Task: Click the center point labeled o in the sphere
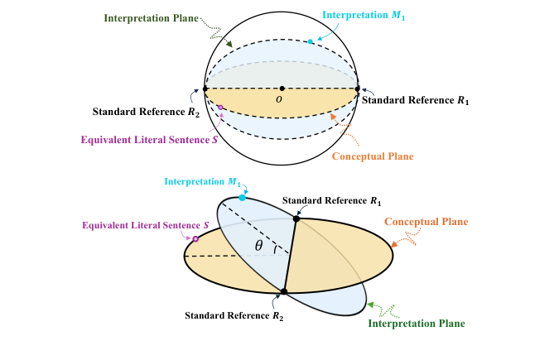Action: pyautogui.click(x=282, y=89)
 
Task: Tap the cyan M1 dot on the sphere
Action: pyautogui.click(x=311, y=41)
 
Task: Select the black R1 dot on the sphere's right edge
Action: pyautogui.click(x=358, y=89)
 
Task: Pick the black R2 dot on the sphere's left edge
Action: pyautogui.click(x=205, y=89)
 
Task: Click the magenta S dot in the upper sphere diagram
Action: pyautogui.click(x=220, y=108)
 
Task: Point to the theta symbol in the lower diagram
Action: pyautogui.click(x=259, y=247)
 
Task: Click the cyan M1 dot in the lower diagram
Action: pyautogui.click(x=242, y=198)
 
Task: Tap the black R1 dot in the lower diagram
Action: pyautogui.click(x=296, y=218)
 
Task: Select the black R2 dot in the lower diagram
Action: pyautogui.click(x=283, y=291)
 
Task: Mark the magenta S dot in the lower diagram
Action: pyautogui.click(x=195, y=239)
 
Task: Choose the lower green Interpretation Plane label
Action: pyautogui.click(x=416, y=323)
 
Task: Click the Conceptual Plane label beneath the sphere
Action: pyautogui.click(x=373, y=156)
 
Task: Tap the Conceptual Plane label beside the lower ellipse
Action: pyautogui.click(x=426, y=222)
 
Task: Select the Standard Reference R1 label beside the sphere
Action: pyautogui.click(x=416, y=101)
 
